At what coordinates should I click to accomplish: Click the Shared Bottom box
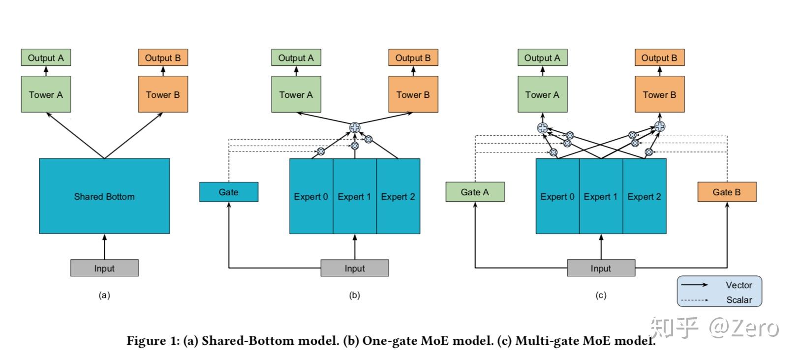(x=104, y=196)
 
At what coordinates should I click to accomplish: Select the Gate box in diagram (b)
(x=228, y=192)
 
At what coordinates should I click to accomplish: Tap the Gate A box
(x=475, y=192)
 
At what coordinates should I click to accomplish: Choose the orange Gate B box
(x=727, y=192)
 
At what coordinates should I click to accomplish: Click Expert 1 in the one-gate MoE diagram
(x=354, y=197)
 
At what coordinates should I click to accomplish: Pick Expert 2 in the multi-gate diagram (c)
(x=644, y=197)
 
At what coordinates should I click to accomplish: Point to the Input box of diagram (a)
(x=104, y=269)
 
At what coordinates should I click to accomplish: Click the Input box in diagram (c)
(x=601, y=269)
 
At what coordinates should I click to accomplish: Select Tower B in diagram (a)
(x=163, y=94)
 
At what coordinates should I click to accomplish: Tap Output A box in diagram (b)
(x=296, y=58)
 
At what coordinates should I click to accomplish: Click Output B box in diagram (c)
(x=659, y=58)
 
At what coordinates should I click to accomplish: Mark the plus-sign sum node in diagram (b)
(x=355, y=127)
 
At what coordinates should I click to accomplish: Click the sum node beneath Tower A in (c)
(x=542, y=127)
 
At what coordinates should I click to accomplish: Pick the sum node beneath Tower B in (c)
(x=660, y=126)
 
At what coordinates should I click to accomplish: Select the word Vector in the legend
(x=738, y=285)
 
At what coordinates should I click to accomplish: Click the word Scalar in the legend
(x=739, y=300)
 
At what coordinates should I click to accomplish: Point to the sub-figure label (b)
(x=354, y=296)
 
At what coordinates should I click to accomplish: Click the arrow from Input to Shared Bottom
(x=104, y=247)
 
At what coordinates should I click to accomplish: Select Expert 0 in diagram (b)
(x=311, y=197)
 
